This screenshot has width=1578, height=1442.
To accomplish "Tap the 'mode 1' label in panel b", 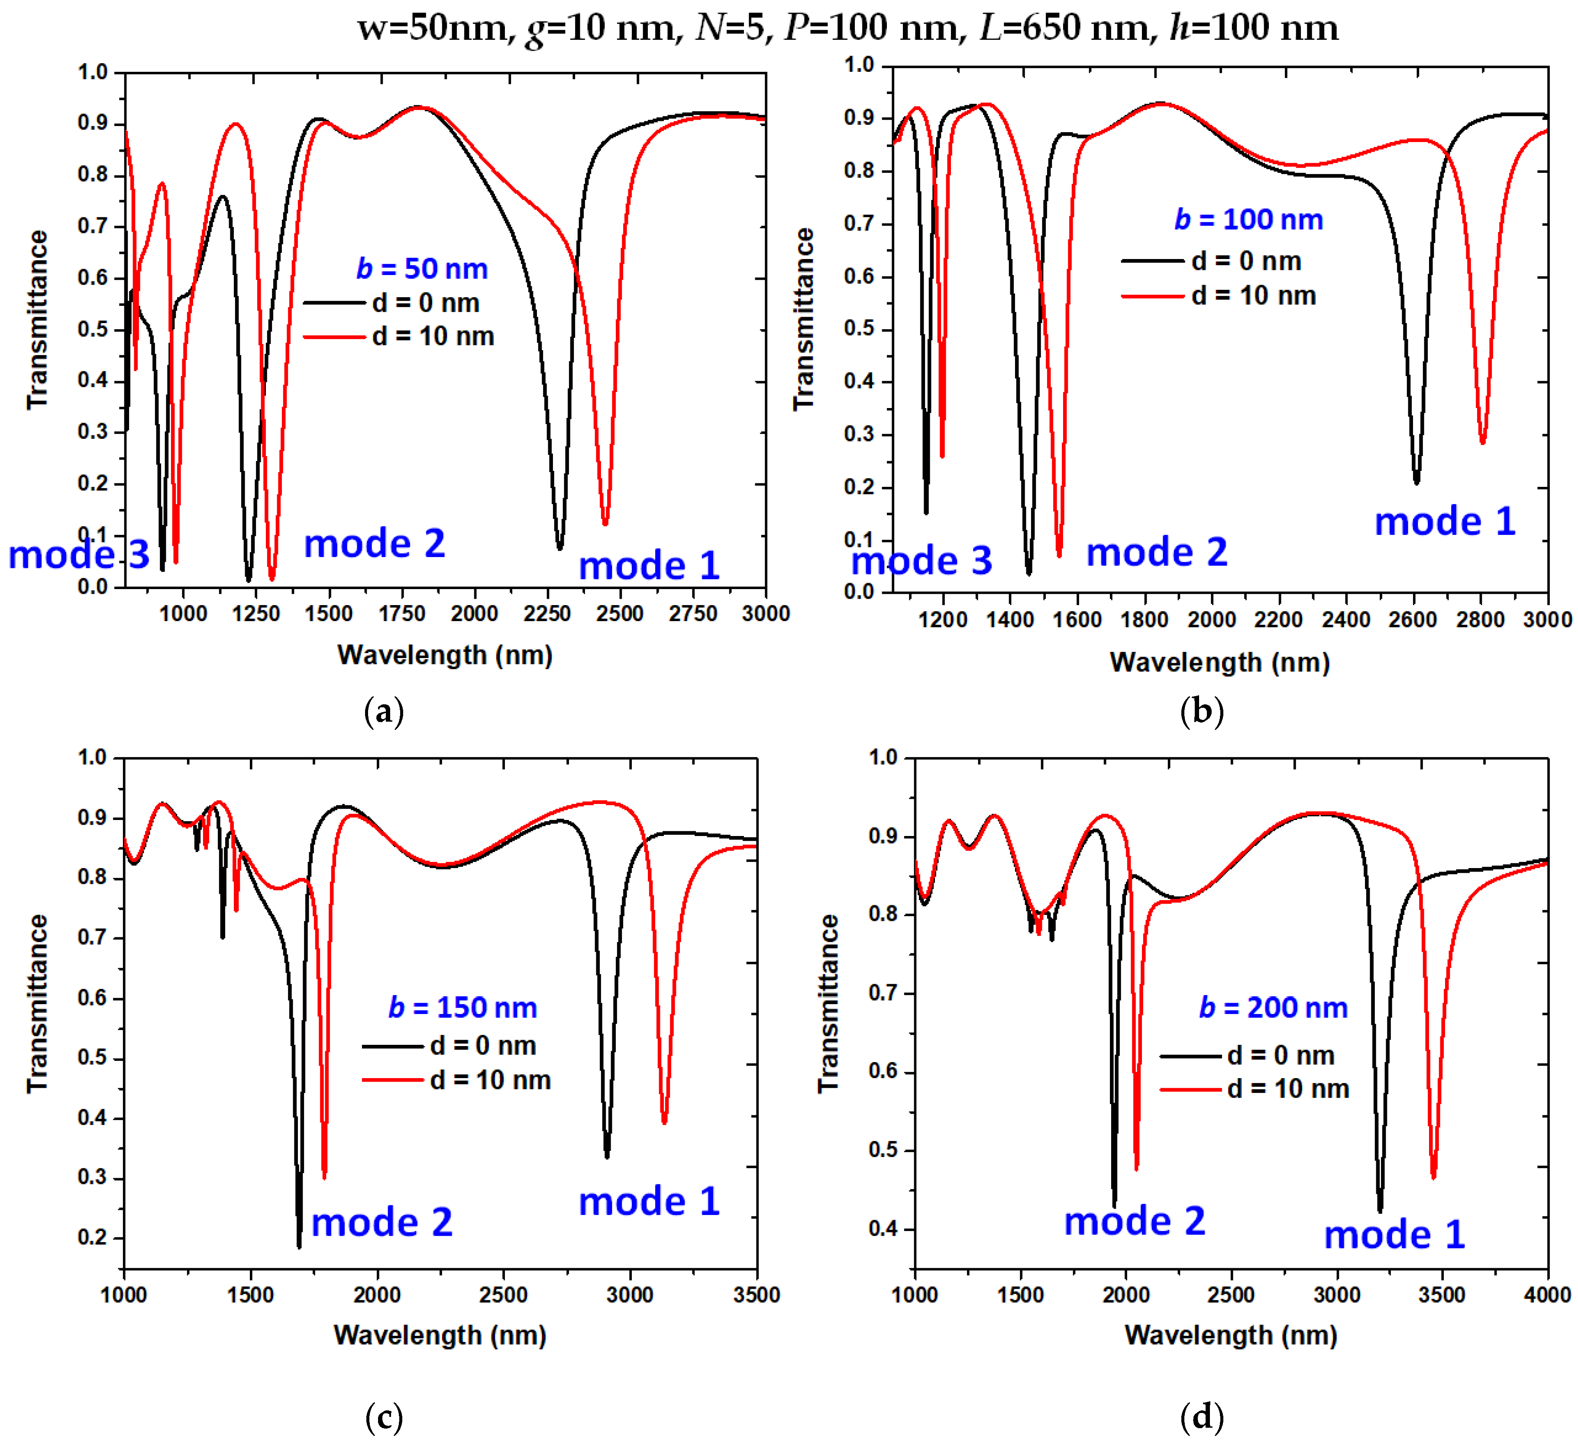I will coord(1445,522).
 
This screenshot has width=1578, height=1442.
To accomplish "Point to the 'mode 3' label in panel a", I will coord(78,555).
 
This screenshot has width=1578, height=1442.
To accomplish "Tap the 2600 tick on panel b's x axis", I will coord(1413,620).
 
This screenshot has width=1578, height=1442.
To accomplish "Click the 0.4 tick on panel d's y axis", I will coord(884,1229).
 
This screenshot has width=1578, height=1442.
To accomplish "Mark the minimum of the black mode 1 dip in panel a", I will coord(559,548).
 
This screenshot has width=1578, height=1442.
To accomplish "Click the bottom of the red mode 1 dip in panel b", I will coord(1482,443).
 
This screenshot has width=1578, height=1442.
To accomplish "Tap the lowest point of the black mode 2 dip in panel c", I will coord(299,1246).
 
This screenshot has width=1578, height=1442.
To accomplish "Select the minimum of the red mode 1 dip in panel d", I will coord(1433,1176).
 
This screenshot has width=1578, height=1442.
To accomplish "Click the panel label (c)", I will coord(385,1417).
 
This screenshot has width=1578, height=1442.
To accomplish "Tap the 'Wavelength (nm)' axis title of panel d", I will coord(1230,1335).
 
